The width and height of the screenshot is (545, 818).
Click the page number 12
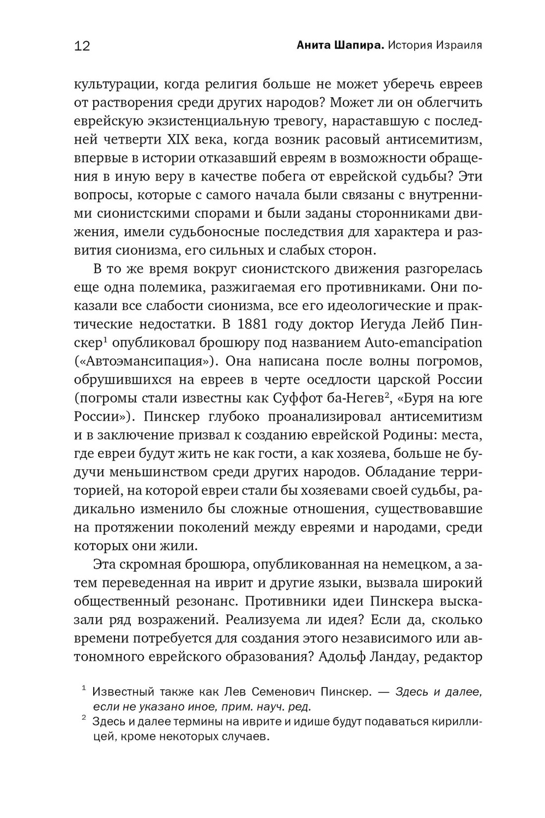[x=82, y=46]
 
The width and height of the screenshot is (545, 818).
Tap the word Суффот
[x=326, y=398]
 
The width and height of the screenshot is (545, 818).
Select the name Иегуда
[x=384, y=324]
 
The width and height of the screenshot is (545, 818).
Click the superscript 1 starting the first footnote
[x=84, y=690]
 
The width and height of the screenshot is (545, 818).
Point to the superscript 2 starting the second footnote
[x=84, y=719]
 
